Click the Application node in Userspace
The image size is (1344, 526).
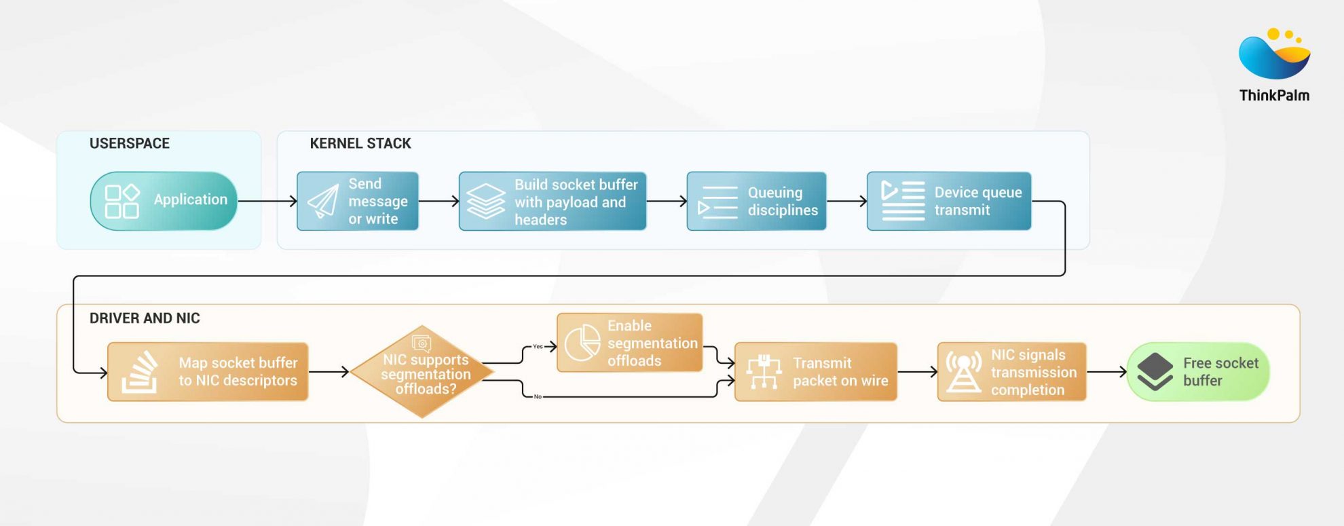[x=164, y=201]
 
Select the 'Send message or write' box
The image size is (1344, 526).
[x=358, y=201]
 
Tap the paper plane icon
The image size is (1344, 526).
[x=323, y=202]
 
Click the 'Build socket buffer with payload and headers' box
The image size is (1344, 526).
[x=553, y=202]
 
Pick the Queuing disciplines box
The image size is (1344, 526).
[x=756, y=202]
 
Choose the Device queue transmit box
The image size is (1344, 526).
[x=949, y=202]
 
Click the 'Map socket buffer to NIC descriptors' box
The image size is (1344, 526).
[x=208, y=372]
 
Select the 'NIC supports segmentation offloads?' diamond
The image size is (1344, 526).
[x=422, y=372]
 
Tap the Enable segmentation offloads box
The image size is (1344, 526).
[x=630, y=343]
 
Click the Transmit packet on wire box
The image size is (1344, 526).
[x=816, y=372]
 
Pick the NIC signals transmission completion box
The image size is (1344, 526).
[x=1011, y=372]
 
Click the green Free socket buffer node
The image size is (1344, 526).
[x=1198, y=372]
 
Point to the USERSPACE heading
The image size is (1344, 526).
[x=130, y=144]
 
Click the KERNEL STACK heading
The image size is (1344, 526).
[x=360, y=144]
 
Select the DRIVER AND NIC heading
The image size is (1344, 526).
[x=145, y=318]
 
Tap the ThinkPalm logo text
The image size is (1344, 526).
[x=1274, y=96]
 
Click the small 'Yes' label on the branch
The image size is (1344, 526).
[x=538, y=347]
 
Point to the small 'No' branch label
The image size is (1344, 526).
[x=538, y=396]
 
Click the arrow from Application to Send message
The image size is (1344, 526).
[x=267, y=201]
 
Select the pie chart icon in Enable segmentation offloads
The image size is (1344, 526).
[x=582, y=343]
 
